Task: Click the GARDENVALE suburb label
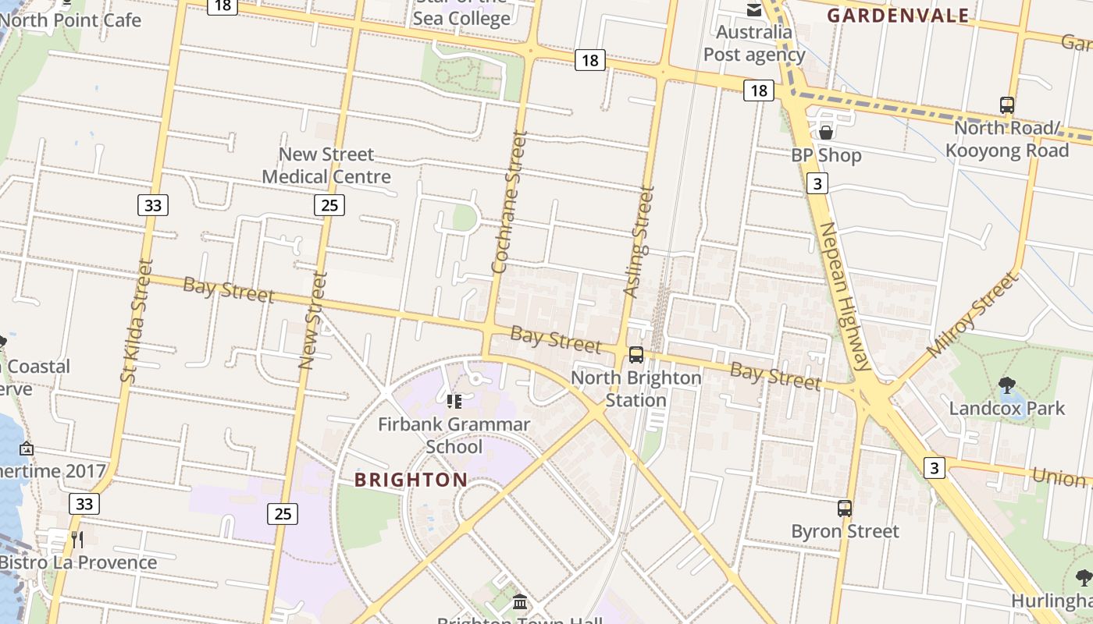click(x=898, y=16)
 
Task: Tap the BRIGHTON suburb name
click(x=411, y=480)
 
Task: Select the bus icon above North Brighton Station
click(x=636, y=355)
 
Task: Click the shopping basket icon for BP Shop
click(x=826, y=132)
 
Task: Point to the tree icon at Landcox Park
click(x=1006, y=384)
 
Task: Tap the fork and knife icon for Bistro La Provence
click(x=77, y=539)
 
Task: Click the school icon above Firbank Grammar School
click(x=454, y=402)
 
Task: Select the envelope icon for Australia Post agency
click(x=754, y=9)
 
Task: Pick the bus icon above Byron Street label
click(x=845, y=509)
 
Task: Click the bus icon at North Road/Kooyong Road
click(x=1007, y=105)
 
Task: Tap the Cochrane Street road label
click(x=508, y=202)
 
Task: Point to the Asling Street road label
click(x=637, y=241)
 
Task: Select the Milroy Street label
click(x=973, y=314)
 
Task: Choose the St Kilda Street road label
click(x=136, y=320)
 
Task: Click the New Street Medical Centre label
click(x=326, y=165)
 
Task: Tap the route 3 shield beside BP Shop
click(x=817, y=183)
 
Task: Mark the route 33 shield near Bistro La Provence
click(x=84, y=504)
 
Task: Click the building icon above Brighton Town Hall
click(x=520, y=602)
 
